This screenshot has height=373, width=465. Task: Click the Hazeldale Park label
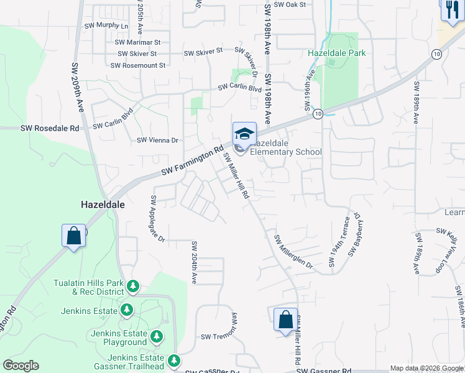pyautogui.click(x=336, y=53)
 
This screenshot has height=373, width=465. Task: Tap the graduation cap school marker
pyautogui.click(x=244, y=132)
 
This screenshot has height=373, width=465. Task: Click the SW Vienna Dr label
pyautogui.click(x=157, y=140)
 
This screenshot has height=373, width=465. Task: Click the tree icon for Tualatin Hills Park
pyautogui.click(x=132, y=287)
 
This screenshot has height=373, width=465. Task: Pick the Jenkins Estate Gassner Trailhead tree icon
pyautogui.click(x=174, y=360)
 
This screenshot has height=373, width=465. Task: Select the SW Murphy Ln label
pyautogui.click(x=106, y=27)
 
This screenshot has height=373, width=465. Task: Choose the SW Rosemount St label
pyautogui.click(x=138, y=65)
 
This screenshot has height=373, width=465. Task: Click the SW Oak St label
pyautogui.click(x=290, y=4)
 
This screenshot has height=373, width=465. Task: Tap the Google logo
pyautogui.click(x=21, y=366)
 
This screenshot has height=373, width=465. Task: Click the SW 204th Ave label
pyautogui.click(x=194, y=262)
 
